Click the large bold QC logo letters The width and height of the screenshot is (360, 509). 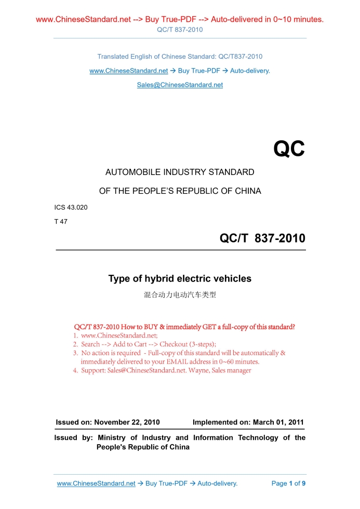[289, 149]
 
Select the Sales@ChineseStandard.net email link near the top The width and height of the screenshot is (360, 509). [180, 85]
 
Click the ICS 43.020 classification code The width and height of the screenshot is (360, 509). [71, 208]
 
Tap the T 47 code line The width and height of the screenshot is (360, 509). [61, 222]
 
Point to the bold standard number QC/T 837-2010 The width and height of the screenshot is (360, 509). [262, 238]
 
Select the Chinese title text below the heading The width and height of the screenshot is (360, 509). [180, 295]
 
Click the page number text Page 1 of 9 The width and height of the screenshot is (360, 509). [288, 484]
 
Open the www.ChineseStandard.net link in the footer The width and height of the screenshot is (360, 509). [96, 484]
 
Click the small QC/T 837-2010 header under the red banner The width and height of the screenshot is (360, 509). [180, 30]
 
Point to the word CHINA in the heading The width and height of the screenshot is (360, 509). [248, 191]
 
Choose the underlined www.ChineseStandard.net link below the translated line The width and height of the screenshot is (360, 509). [129, 71]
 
